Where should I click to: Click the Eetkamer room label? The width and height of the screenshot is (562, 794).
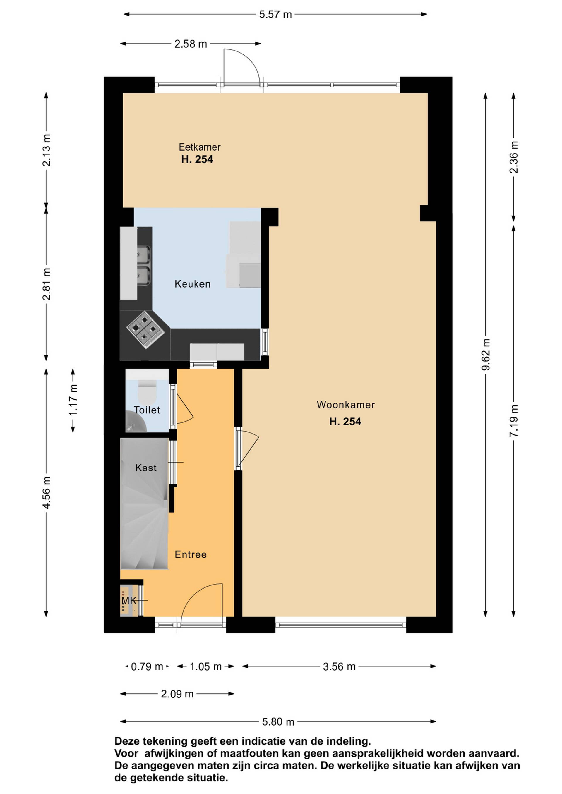tap(199, 147)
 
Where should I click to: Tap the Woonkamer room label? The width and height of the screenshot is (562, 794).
tap(345, 405)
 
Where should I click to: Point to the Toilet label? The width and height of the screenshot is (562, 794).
tap(147, 410)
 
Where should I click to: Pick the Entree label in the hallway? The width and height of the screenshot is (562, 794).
tap(191, 555)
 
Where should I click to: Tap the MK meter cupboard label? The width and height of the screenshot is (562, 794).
tap(129, 601)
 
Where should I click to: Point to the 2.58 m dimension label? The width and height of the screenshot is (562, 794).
tap(190, 44)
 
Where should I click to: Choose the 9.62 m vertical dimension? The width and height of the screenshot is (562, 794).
tap(486, 355)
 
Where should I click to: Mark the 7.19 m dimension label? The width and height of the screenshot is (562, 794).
tap(514, 420)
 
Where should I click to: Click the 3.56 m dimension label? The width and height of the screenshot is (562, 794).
tap(339, 666)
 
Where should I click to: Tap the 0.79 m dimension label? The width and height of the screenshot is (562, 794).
tap(147, 666)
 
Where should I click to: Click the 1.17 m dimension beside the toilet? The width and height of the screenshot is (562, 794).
tap(73, 401)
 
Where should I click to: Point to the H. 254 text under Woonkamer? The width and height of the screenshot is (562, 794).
tap(345, 422)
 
